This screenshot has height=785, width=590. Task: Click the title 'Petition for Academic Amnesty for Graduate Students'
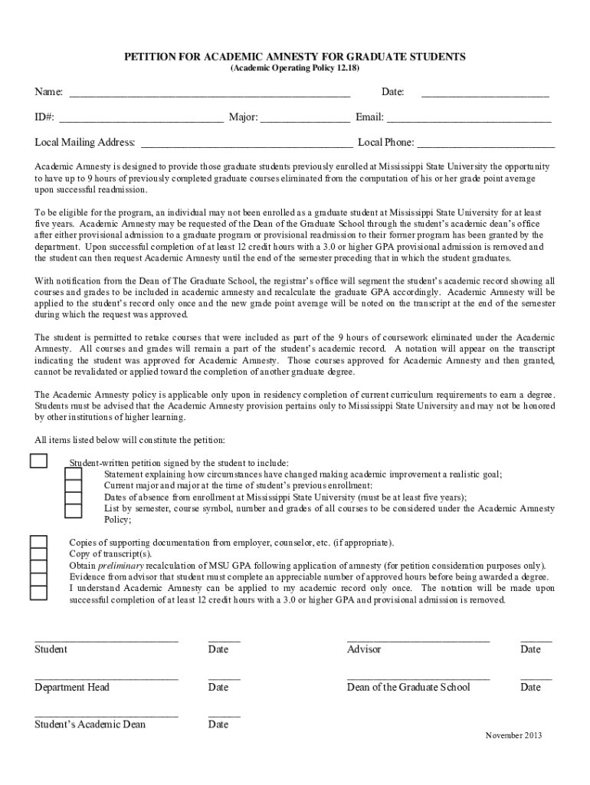click(x=295, y=57)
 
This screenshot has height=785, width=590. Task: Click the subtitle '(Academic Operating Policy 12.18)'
click(x=295, y=69)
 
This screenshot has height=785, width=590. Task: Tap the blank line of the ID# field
click(x=142, y=122)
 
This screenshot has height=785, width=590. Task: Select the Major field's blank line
click(x=306, y=122)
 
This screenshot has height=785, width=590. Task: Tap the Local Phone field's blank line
click(x=486, y=146)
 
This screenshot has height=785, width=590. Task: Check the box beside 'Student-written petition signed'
click(x=38, y=460)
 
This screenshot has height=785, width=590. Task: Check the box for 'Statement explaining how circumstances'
click(x=74, y=475)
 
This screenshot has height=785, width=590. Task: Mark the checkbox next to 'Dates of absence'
click(x=74, y=498)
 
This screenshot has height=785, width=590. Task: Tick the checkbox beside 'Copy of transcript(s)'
click(x=38, y=555)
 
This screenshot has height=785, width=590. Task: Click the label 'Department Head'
click(x=72, y=687)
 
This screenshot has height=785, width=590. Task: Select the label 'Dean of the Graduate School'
click(x=408, y=687)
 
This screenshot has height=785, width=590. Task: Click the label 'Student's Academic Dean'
click(x=90, y=724)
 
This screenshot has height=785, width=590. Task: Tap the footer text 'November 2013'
click(x=513, y=736)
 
